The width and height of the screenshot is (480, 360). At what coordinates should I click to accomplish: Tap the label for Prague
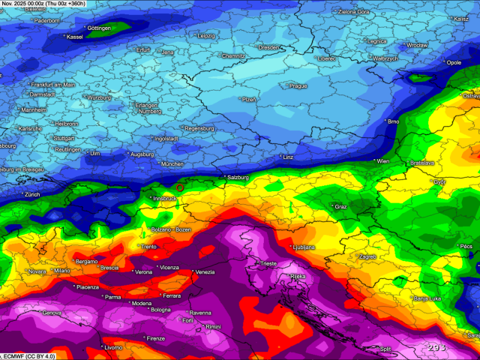pyautogui.click(x=298, y=86)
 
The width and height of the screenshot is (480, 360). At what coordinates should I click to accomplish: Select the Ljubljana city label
pyautogui.click(x=304, y=247)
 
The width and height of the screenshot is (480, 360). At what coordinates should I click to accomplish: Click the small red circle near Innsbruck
pyautogui.click(x=180, y=187)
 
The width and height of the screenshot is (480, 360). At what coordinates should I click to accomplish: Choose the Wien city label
pyautogui.click(x=382, y=161)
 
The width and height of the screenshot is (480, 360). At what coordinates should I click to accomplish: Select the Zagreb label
pyautogui.click(x=367, y=256)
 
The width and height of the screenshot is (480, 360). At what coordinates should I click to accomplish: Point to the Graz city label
pyautogui.click(x=340, y=206)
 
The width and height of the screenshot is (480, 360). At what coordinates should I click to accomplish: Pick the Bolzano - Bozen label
pyautogui.click(x=172, y=229)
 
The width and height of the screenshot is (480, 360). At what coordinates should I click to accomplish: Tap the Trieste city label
pyautogui.click(x=268, y=264)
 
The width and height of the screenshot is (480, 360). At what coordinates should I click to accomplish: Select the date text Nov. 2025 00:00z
pyautogui.click(x=22, y=4)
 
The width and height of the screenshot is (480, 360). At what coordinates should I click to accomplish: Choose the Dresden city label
pyautogui.click(x=268, y=47)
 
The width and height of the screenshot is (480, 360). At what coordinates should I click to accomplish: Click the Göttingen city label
pyautogui.click(x=99, y=28)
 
